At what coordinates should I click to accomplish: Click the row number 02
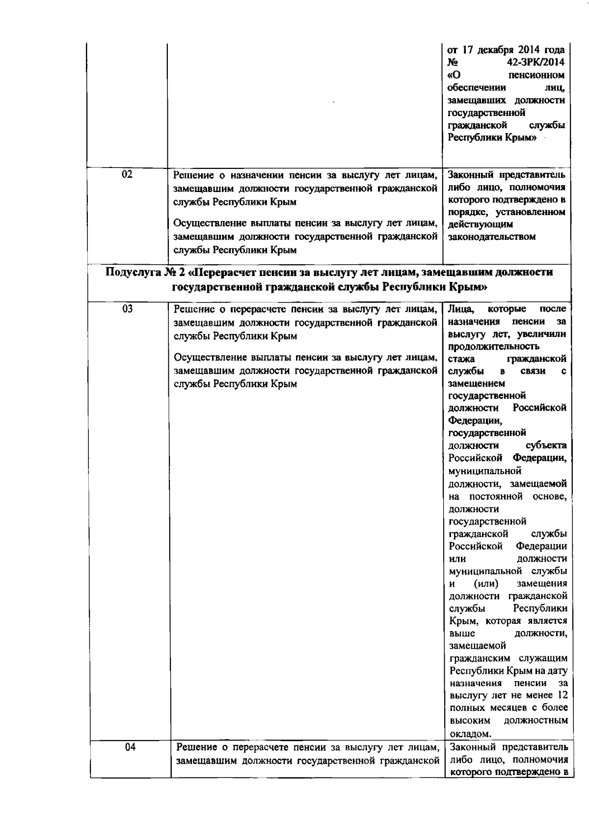[x=127, y=174]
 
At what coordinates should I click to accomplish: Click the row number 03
[x=127, y=308]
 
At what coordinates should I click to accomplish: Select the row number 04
[x=129, y=747]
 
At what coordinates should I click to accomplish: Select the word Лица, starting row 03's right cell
[x=461, y=309]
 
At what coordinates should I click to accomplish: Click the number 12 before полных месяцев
[x=562, y=695]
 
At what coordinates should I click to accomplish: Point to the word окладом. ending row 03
[x=470, y=734]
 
